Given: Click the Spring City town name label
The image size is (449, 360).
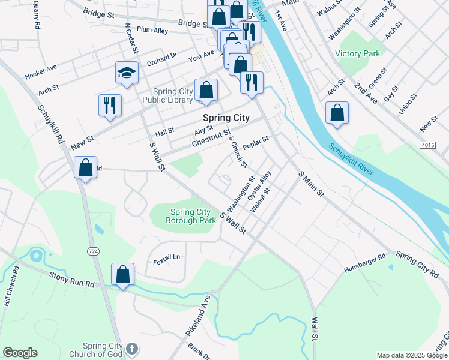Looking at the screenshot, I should pyautogui.click(x=226, y=118).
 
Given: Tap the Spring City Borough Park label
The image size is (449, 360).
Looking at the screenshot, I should pyautogui.click(x=191, y=216).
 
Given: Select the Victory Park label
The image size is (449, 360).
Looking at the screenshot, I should pyautogui.click(x=358, y=53).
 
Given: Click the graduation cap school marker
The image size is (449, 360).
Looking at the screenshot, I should pyautogui.click(x=127, y=73).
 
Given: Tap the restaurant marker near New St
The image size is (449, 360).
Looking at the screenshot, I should pyautogui.click(x=110, y=105).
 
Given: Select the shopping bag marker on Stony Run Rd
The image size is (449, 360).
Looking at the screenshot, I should pyautogui.click(x=122, y=274).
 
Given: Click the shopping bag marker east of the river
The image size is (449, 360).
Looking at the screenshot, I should pyautogui.click(x=337, y=113).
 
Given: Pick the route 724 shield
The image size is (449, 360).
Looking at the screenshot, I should pyautogui.click(x=92, y=250).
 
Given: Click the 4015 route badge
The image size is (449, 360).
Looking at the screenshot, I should pyautogui.click(x=427, y=145).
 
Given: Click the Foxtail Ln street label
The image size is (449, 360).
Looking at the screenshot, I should pyautogui.click(x=167, y=257).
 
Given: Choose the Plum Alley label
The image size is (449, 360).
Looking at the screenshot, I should pyautogui.click(x=152, y=29).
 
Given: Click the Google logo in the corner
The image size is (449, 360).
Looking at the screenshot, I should pyautogui.click(x=20, y=353).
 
